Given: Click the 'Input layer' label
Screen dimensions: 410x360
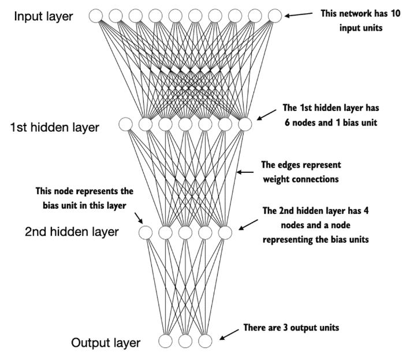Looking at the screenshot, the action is tap(43, 17).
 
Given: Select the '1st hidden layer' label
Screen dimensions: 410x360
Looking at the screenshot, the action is tap(55, 128).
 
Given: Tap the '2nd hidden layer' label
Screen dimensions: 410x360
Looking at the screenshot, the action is tap(72, 232).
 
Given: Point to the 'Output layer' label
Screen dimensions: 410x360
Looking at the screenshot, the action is tap(106, 343).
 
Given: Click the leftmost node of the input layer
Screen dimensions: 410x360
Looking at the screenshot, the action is tap(96, 16).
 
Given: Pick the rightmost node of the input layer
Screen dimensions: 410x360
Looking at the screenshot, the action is tap(275, 16).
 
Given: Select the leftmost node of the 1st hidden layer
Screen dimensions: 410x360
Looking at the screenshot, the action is tap(125, 124).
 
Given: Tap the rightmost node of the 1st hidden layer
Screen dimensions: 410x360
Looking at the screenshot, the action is tap(245, 124).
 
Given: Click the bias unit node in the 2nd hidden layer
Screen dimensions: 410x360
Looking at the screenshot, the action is tap(146, 232).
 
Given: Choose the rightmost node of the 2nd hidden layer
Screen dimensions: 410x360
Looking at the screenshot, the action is tap(225, 232).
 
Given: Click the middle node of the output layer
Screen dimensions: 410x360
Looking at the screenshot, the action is tap(185, 341).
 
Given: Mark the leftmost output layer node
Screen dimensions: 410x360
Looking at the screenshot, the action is tap(165, 341).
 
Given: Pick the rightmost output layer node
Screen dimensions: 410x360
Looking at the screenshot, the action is tap(205, 341).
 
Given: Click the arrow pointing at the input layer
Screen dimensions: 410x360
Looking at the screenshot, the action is tap(299, 14).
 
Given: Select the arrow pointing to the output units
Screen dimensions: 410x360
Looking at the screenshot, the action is tap(229, 335).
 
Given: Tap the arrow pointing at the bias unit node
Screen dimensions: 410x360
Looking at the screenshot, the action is tap(139, 218).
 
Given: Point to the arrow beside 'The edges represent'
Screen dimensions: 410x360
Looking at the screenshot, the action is tap(245, 172).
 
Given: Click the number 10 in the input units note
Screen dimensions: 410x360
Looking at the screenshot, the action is tap(396, 13).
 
